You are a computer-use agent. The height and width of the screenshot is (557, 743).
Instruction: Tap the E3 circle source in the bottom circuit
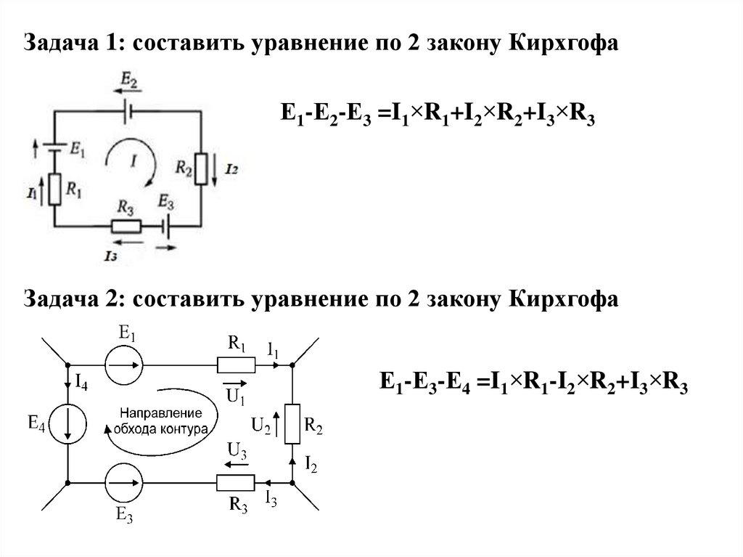(123, 482)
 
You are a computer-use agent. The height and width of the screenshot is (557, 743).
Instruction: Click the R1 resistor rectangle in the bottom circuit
(236, 366)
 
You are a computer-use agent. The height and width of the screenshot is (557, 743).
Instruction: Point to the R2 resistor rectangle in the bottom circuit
(292, 424)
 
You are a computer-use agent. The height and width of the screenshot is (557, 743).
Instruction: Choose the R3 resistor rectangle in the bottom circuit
(236, 482)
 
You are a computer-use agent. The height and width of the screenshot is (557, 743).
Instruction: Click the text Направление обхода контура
(160, 421)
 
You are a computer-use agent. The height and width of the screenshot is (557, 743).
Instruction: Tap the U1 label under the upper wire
(234, 396)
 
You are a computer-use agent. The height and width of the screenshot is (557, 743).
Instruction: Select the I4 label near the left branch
(81, 383)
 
